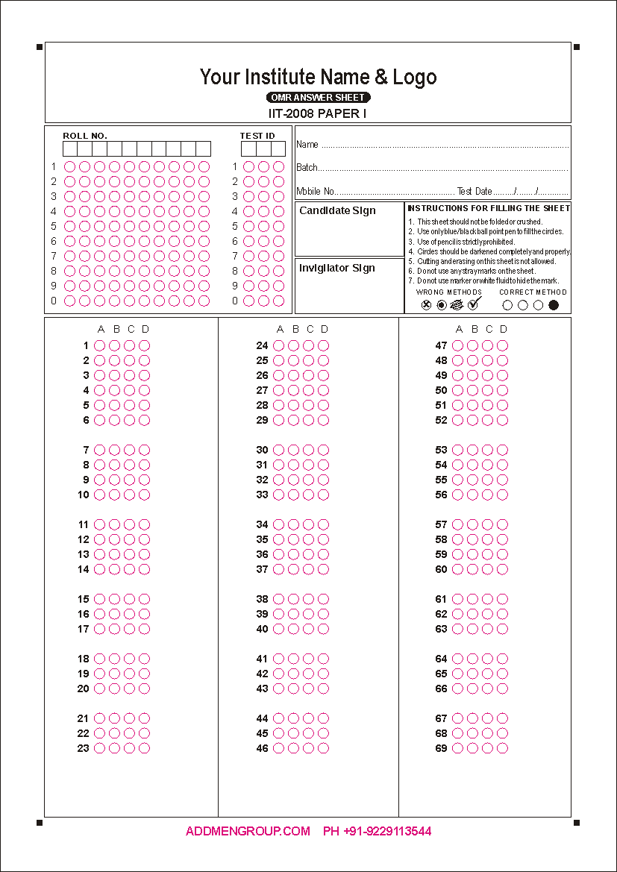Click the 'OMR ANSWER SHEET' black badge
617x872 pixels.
319,98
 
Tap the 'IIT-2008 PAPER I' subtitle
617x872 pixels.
318,113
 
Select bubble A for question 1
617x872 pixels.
99,345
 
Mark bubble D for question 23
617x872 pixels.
144,748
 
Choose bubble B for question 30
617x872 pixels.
293,450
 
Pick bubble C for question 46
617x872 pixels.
308,748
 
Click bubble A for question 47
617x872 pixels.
457,345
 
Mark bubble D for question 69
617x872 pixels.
502,748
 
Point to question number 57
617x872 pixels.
441,524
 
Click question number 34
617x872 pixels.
262,524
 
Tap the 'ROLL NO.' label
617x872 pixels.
85,136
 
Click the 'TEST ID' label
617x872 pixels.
257,136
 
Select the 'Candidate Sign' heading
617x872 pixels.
337,211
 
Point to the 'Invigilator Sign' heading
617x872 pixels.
336,269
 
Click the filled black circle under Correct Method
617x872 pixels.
554,304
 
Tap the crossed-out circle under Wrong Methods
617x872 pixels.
426,304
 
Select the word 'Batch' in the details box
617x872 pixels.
307,168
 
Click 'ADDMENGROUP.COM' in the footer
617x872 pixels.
248,831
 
